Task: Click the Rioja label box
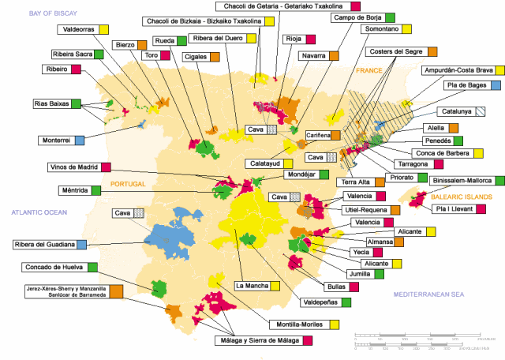294,39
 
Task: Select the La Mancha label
252,284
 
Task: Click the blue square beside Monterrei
79,141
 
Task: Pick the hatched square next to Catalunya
480,111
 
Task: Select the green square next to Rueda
181,40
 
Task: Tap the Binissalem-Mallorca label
451,180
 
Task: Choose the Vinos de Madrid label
73,167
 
